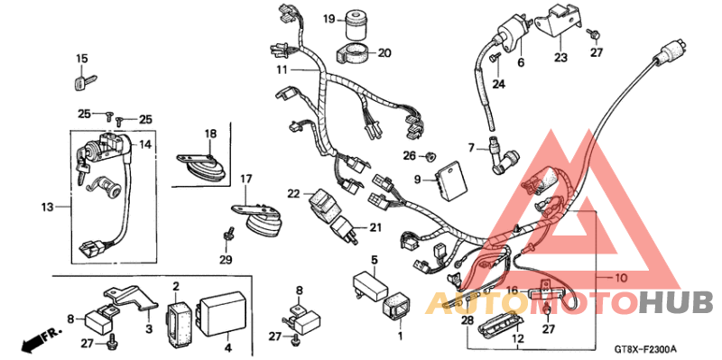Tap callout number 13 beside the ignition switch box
[47, 207]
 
